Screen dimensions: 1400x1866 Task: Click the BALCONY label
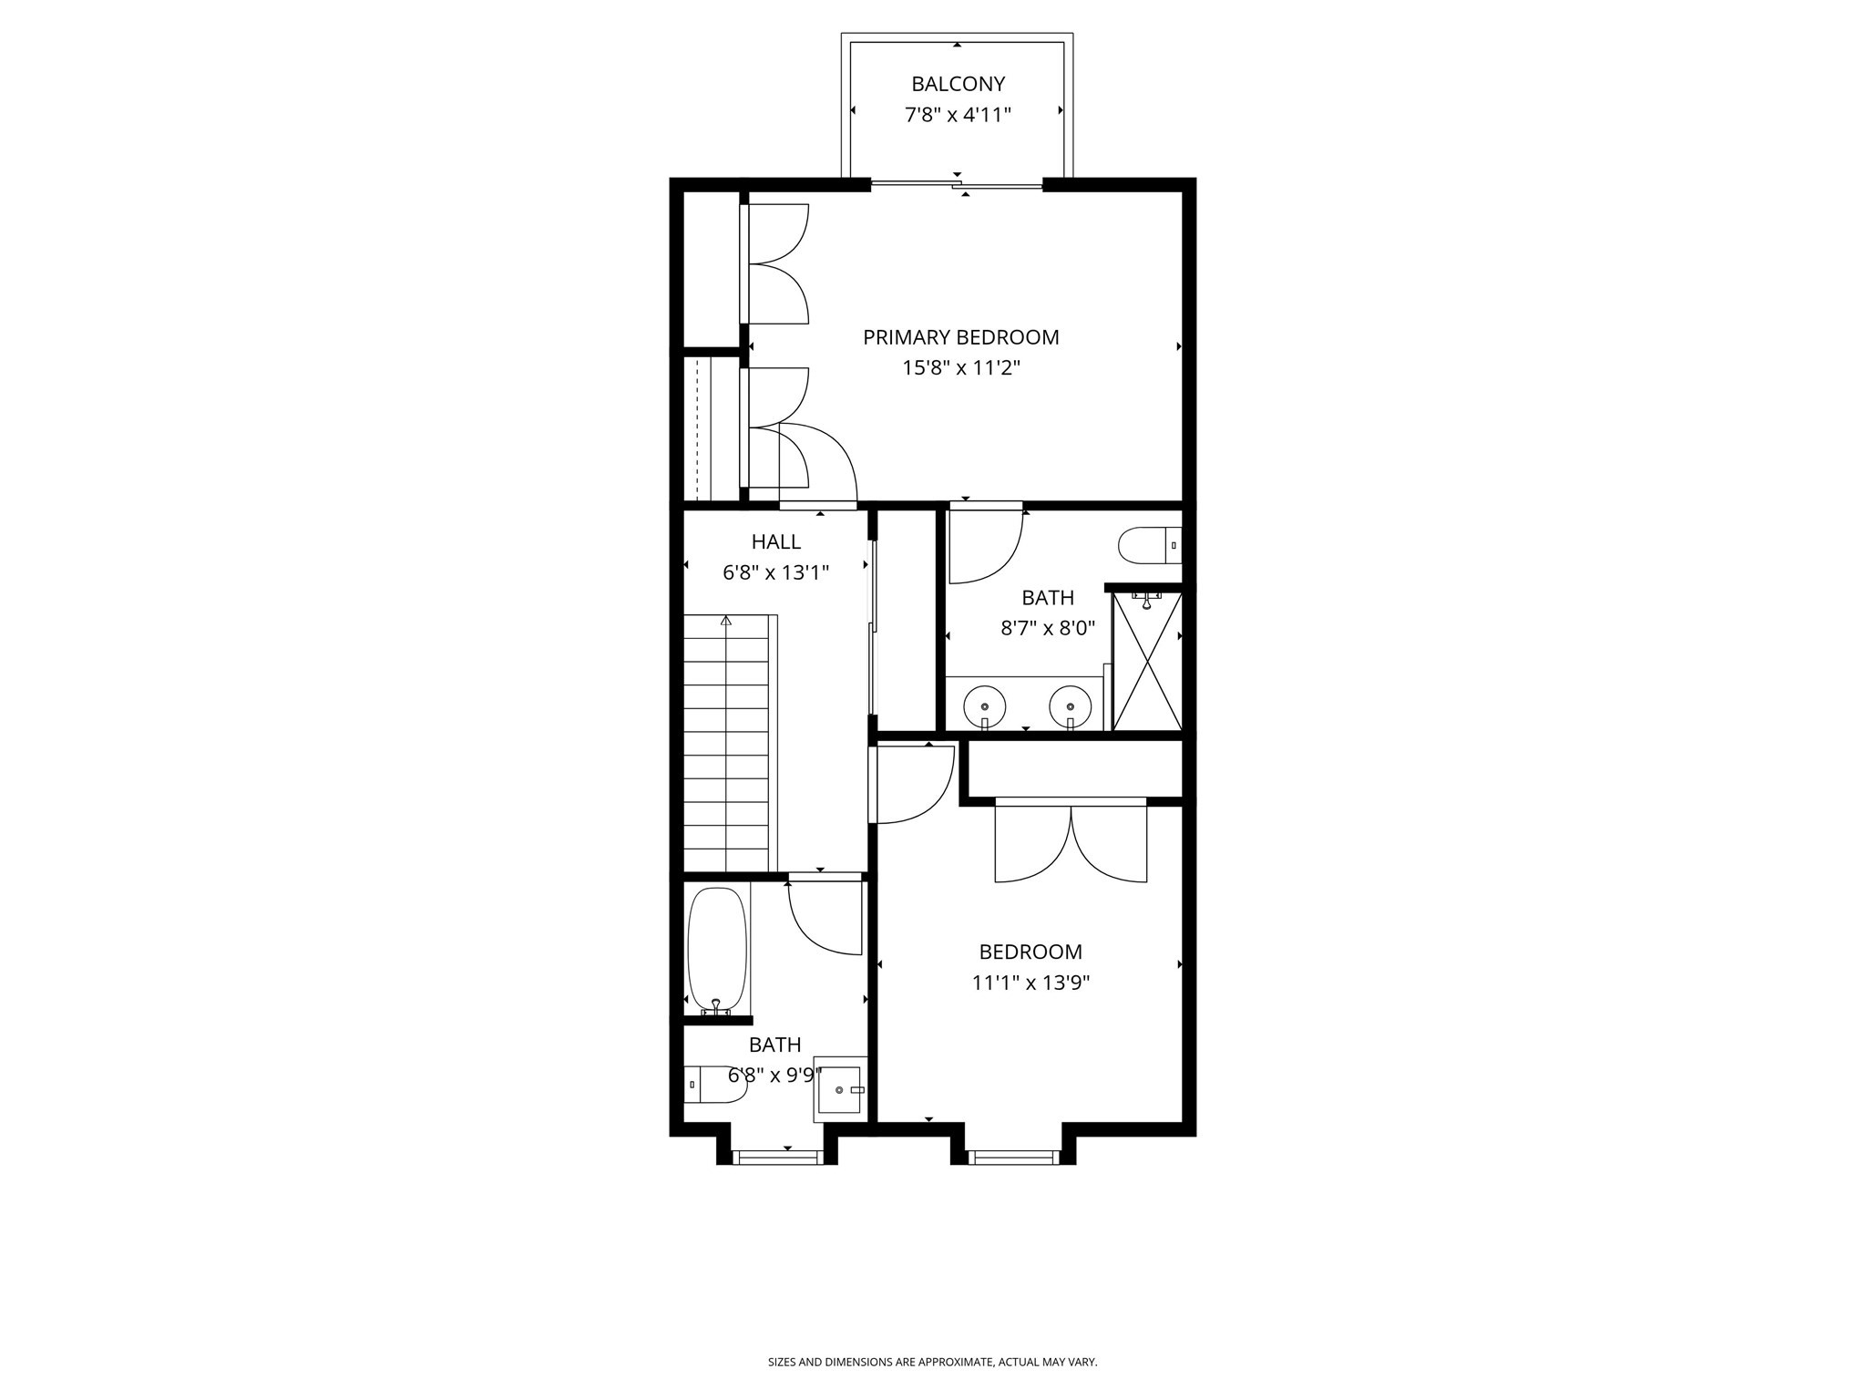(x=958, y=84)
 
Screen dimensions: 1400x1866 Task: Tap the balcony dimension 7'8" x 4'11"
(x=958, y=115)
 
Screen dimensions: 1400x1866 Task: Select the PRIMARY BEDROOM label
(x=960, y=337)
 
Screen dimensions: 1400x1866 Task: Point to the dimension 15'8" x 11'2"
(x=960, y=368)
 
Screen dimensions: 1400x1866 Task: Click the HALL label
(x=775, y=542)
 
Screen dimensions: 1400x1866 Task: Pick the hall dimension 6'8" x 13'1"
(x=775, y=573)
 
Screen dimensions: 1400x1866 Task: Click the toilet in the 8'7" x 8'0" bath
(x=1148, y=545)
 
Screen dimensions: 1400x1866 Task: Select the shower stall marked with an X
(x=1147, y=661)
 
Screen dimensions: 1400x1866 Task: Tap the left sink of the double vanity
(x=985, y=705)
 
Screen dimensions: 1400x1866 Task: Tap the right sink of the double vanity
(x=1070, y=705)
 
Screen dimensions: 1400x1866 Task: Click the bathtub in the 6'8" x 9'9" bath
(x=717, y=949)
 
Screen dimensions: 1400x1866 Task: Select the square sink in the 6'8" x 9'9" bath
(x=839, y=1089)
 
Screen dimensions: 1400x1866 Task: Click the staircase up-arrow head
(x=726, y=621)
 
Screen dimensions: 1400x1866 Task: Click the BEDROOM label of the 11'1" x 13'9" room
(x=1030, y=952)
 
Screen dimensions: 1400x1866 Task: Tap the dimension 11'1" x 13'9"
(x=1030, y=983)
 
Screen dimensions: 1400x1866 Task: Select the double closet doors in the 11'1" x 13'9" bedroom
(x=1071, y=842)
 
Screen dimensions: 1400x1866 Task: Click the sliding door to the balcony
(x=957, y=186)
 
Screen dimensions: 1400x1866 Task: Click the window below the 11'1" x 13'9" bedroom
(x=1014, y=1158)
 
